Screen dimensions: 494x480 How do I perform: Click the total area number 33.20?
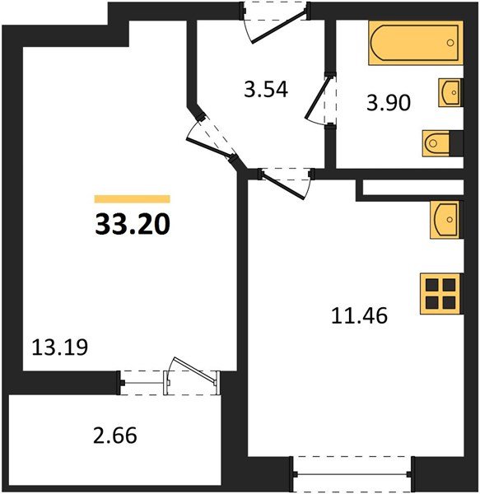click(x=132, y=223)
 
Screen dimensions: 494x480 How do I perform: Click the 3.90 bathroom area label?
click(x=388, y=103)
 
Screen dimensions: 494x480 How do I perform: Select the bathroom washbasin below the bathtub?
click(x=450, y=93)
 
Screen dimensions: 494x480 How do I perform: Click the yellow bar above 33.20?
click(x=132, y=199)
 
